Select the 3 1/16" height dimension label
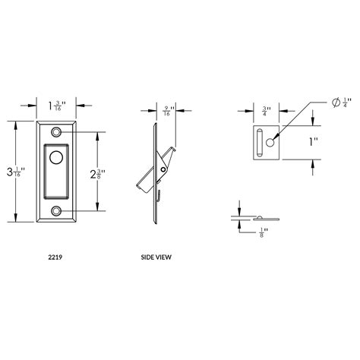coord(16,172)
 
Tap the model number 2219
coord(56,257)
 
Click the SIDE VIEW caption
coord(156,257)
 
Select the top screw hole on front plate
coord(57,132)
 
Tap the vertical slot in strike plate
coord(260,142)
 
